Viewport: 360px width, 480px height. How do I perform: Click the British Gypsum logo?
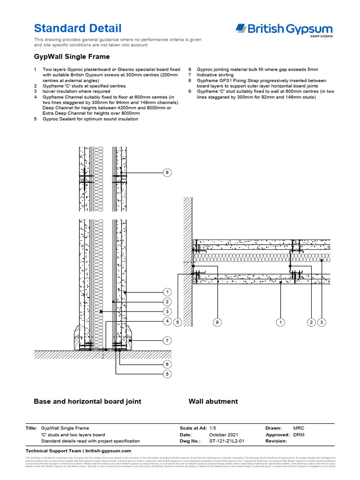284,30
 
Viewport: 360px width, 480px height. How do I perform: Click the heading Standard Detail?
78,28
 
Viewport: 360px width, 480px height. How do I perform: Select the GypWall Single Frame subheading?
72,57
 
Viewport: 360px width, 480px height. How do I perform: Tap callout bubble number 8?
167,173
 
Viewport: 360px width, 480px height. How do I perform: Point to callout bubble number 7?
167,340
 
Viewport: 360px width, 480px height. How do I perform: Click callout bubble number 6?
167,364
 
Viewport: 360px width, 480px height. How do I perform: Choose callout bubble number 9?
217,322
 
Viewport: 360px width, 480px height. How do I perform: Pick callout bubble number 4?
167,321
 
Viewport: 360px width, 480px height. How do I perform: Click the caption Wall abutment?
213,401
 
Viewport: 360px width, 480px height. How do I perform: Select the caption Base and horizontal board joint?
87,401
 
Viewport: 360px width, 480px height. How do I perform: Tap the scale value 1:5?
212,428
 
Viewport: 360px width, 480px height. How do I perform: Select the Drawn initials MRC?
299,428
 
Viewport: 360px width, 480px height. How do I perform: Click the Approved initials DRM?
299,435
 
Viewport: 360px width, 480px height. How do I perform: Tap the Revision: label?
276,441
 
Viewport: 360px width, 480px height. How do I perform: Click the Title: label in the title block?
31,428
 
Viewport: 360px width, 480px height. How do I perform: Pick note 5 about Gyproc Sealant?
89,119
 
